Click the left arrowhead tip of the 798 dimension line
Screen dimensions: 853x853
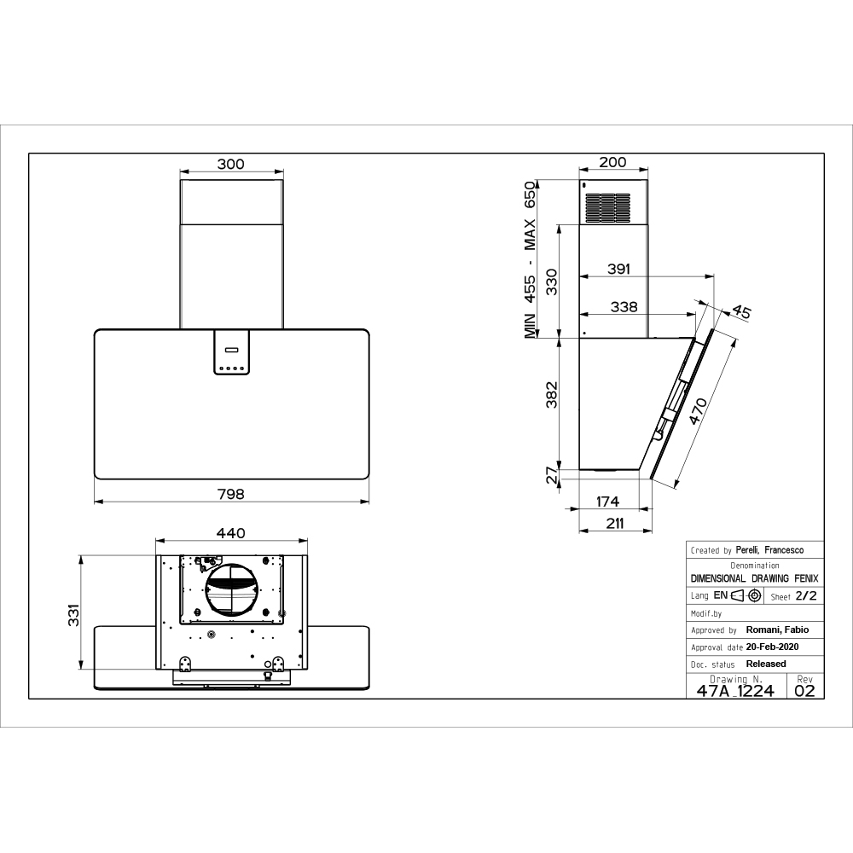95,502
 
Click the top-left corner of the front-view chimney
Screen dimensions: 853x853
180,180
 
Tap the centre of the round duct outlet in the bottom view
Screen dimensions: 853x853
231,589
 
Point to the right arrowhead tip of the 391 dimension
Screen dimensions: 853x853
714,276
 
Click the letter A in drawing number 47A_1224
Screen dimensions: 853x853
726,691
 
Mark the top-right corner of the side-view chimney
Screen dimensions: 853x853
648,180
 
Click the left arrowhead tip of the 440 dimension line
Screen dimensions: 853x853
156,541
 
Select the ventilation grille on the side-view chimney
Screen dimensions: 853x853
607,208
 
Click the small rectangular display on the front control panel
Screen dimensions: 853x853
231,349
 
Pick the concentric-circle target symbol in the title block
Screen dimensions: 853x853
754,595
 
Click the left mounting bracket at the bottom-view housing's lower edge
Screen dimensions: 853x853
185,664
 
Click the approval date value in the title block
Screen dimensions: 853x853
773,647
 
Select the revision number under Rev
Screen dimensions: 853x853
804,691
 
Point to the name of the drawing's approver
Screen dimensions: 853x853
777,630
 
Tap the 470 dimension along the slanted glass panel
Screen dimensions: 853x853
698,411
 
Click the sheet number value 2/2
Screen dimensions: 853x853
806,596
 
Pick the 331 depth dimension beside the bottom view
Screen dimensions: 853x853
73,615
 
